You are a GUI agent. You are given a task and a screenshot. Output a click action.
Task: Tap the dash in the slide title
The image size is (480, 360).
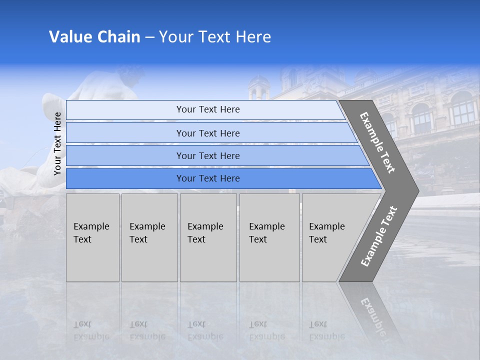149,37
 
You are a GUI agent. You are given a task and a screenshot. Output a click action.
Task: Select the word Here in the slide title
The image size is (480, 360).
253,37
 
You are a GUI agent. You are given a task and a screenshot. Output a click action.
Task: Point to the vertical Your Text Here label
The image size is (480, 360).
57,143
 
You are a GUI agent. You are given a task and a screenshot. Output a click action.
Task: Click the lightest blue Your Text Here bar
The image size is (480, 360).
207,109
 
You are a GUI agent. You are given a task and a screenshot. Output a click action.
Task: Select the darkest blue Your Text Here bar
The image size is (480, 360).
207,178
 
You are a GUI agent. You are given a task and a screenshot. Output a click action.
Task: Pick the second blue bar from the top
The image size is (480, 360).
207,133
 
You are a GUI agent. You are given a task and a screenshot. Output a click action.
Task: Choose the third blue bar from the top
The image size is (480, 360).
207,155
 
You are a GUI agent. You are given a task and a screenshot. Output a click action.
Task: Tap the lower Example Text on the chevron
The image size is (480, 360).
379,236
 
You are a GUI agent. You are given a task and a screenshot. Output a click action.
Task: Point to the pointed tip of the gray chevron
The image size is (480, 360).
417,190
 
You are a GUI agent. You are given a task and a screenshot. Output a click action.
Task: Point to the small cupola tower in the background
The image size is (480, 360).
258,87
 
